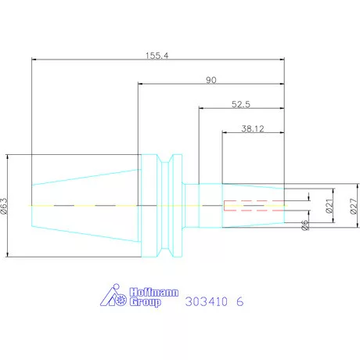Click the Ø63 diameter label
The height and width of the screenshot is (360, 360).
tap(5, 205)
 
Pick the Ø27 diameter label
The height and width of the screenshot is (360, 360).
tap(353, 205)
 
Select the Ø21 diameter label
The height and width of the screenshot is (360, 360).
tap(329, 205)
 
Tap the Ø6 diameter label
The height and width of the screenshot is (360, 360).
tap(306, 226)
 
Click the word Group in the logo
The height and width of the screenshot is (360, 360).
tap(145, 301)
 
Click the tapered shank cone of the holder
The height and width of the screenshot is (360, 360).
tap(86, 205)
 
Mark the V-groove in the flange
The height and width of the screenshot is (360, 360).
tap(165, 205)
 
